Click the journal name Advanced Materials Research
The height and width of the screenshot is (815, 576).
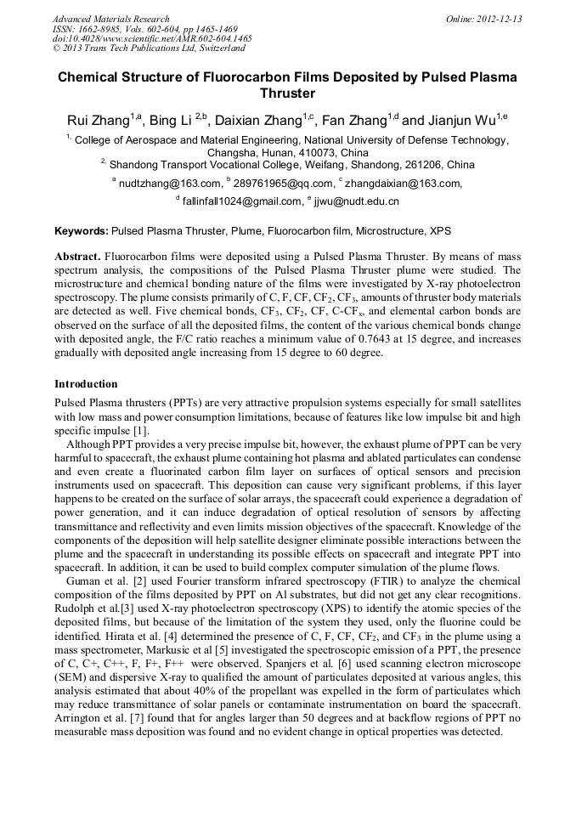point(110,19)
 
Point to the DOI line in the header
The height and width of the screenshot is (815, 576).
point(152,38)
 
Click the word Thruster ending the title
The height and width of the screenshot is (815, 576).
point(287,93)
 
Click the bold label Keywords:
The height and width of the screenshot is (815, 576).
point(82,230)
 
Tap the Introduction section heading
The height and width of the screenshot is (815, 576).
point(86,384)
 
